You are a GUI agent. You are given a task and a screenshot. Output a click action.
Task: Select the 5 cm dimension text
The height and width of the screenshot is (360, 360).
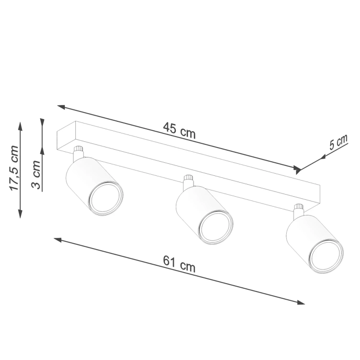pos(338,143)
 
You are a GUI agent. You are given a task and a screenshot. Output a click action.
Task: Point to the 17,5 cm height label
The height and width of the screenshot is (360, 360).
pos(14,168)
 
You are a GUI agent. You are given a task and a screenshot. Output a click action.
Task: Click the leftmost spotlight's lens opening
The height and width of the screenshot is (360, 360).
pos(106,198)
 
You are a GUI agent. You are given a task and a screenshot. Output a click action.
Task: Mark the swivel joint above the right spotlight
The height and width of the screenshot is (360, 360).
pos(298,210)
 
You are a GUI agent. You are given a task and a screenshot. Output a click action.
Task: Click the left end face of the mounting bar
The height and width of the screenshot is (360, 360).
pos(66,137)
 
